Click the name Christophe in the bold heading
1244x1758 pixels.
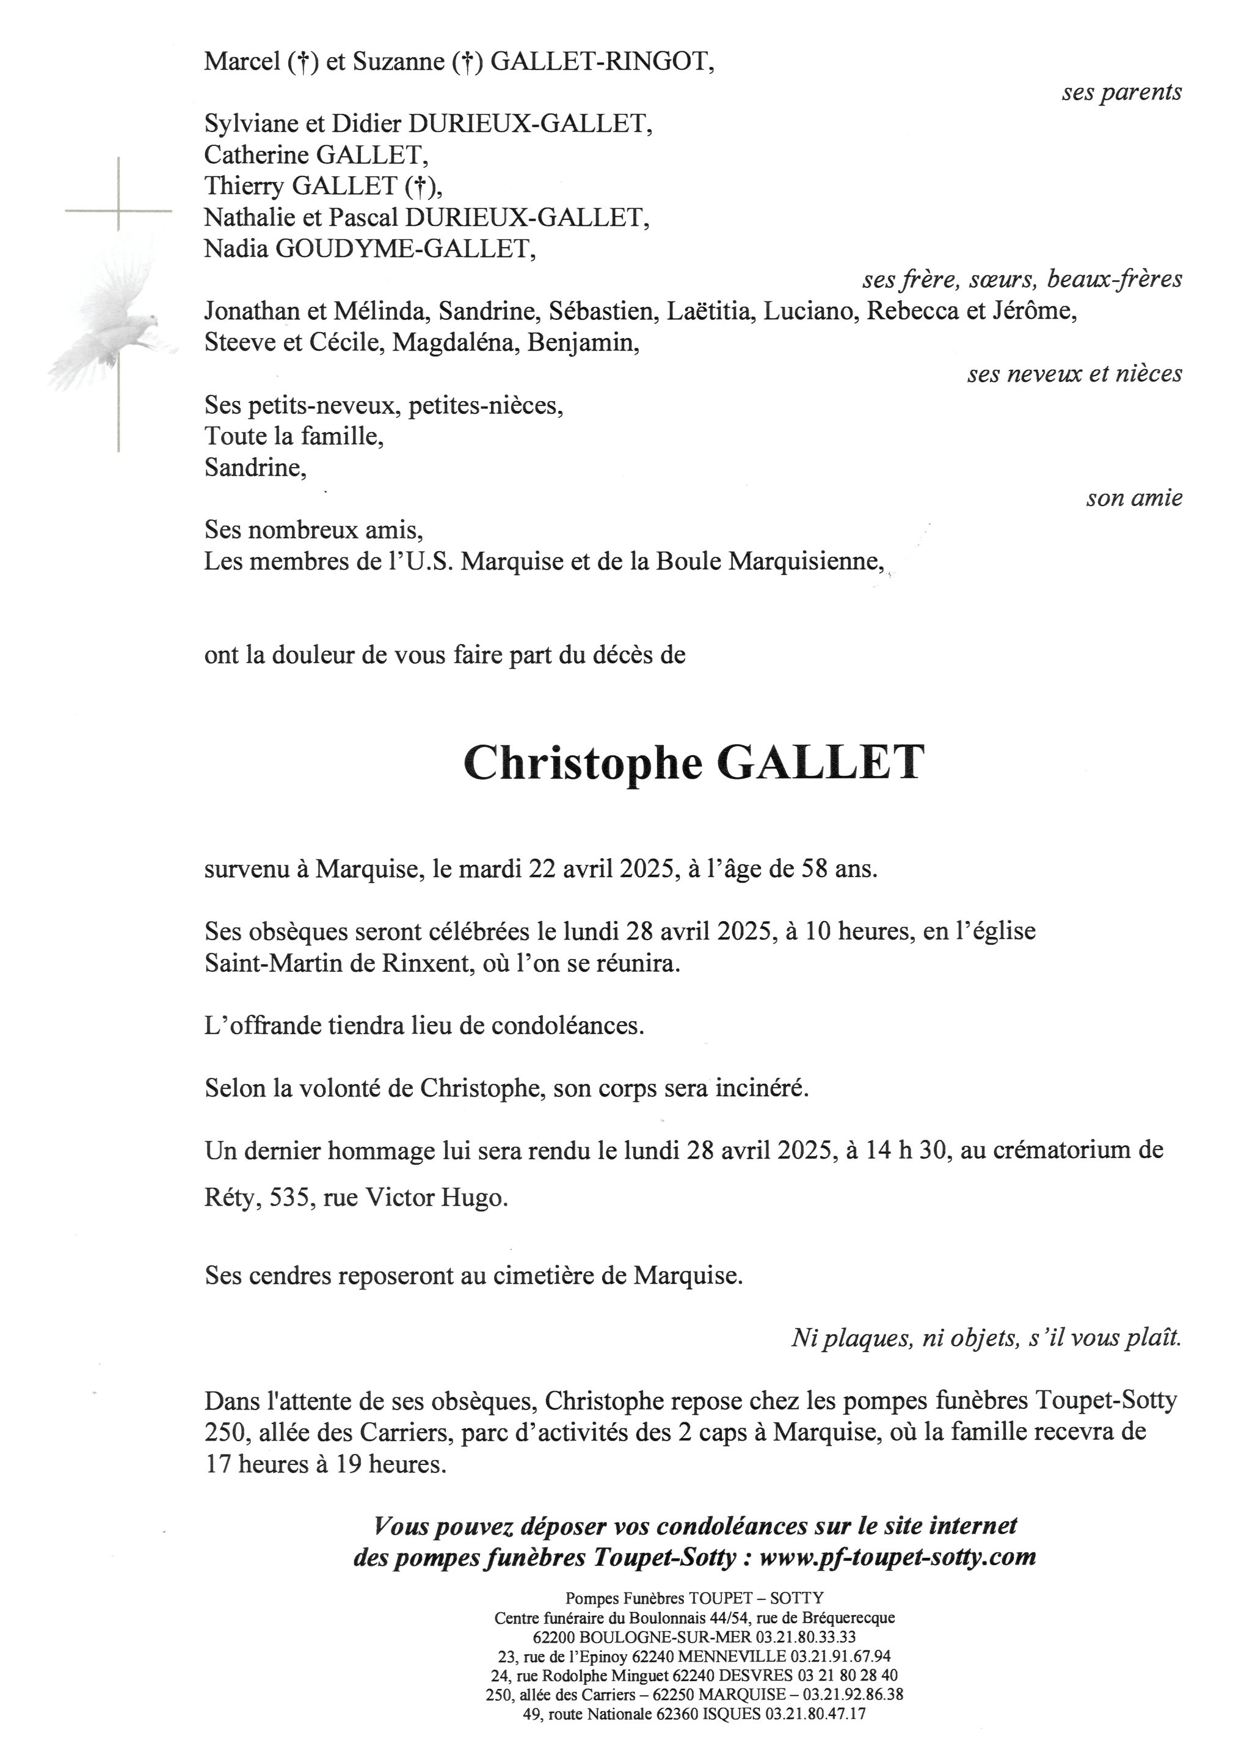(x=582, y=764)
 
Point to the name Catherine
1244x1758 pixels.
(x=256, y=156)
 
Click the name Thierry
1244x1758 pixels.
(x=244, y=187)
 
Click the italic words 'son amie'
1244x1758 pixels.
(x=1133, y=499)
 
